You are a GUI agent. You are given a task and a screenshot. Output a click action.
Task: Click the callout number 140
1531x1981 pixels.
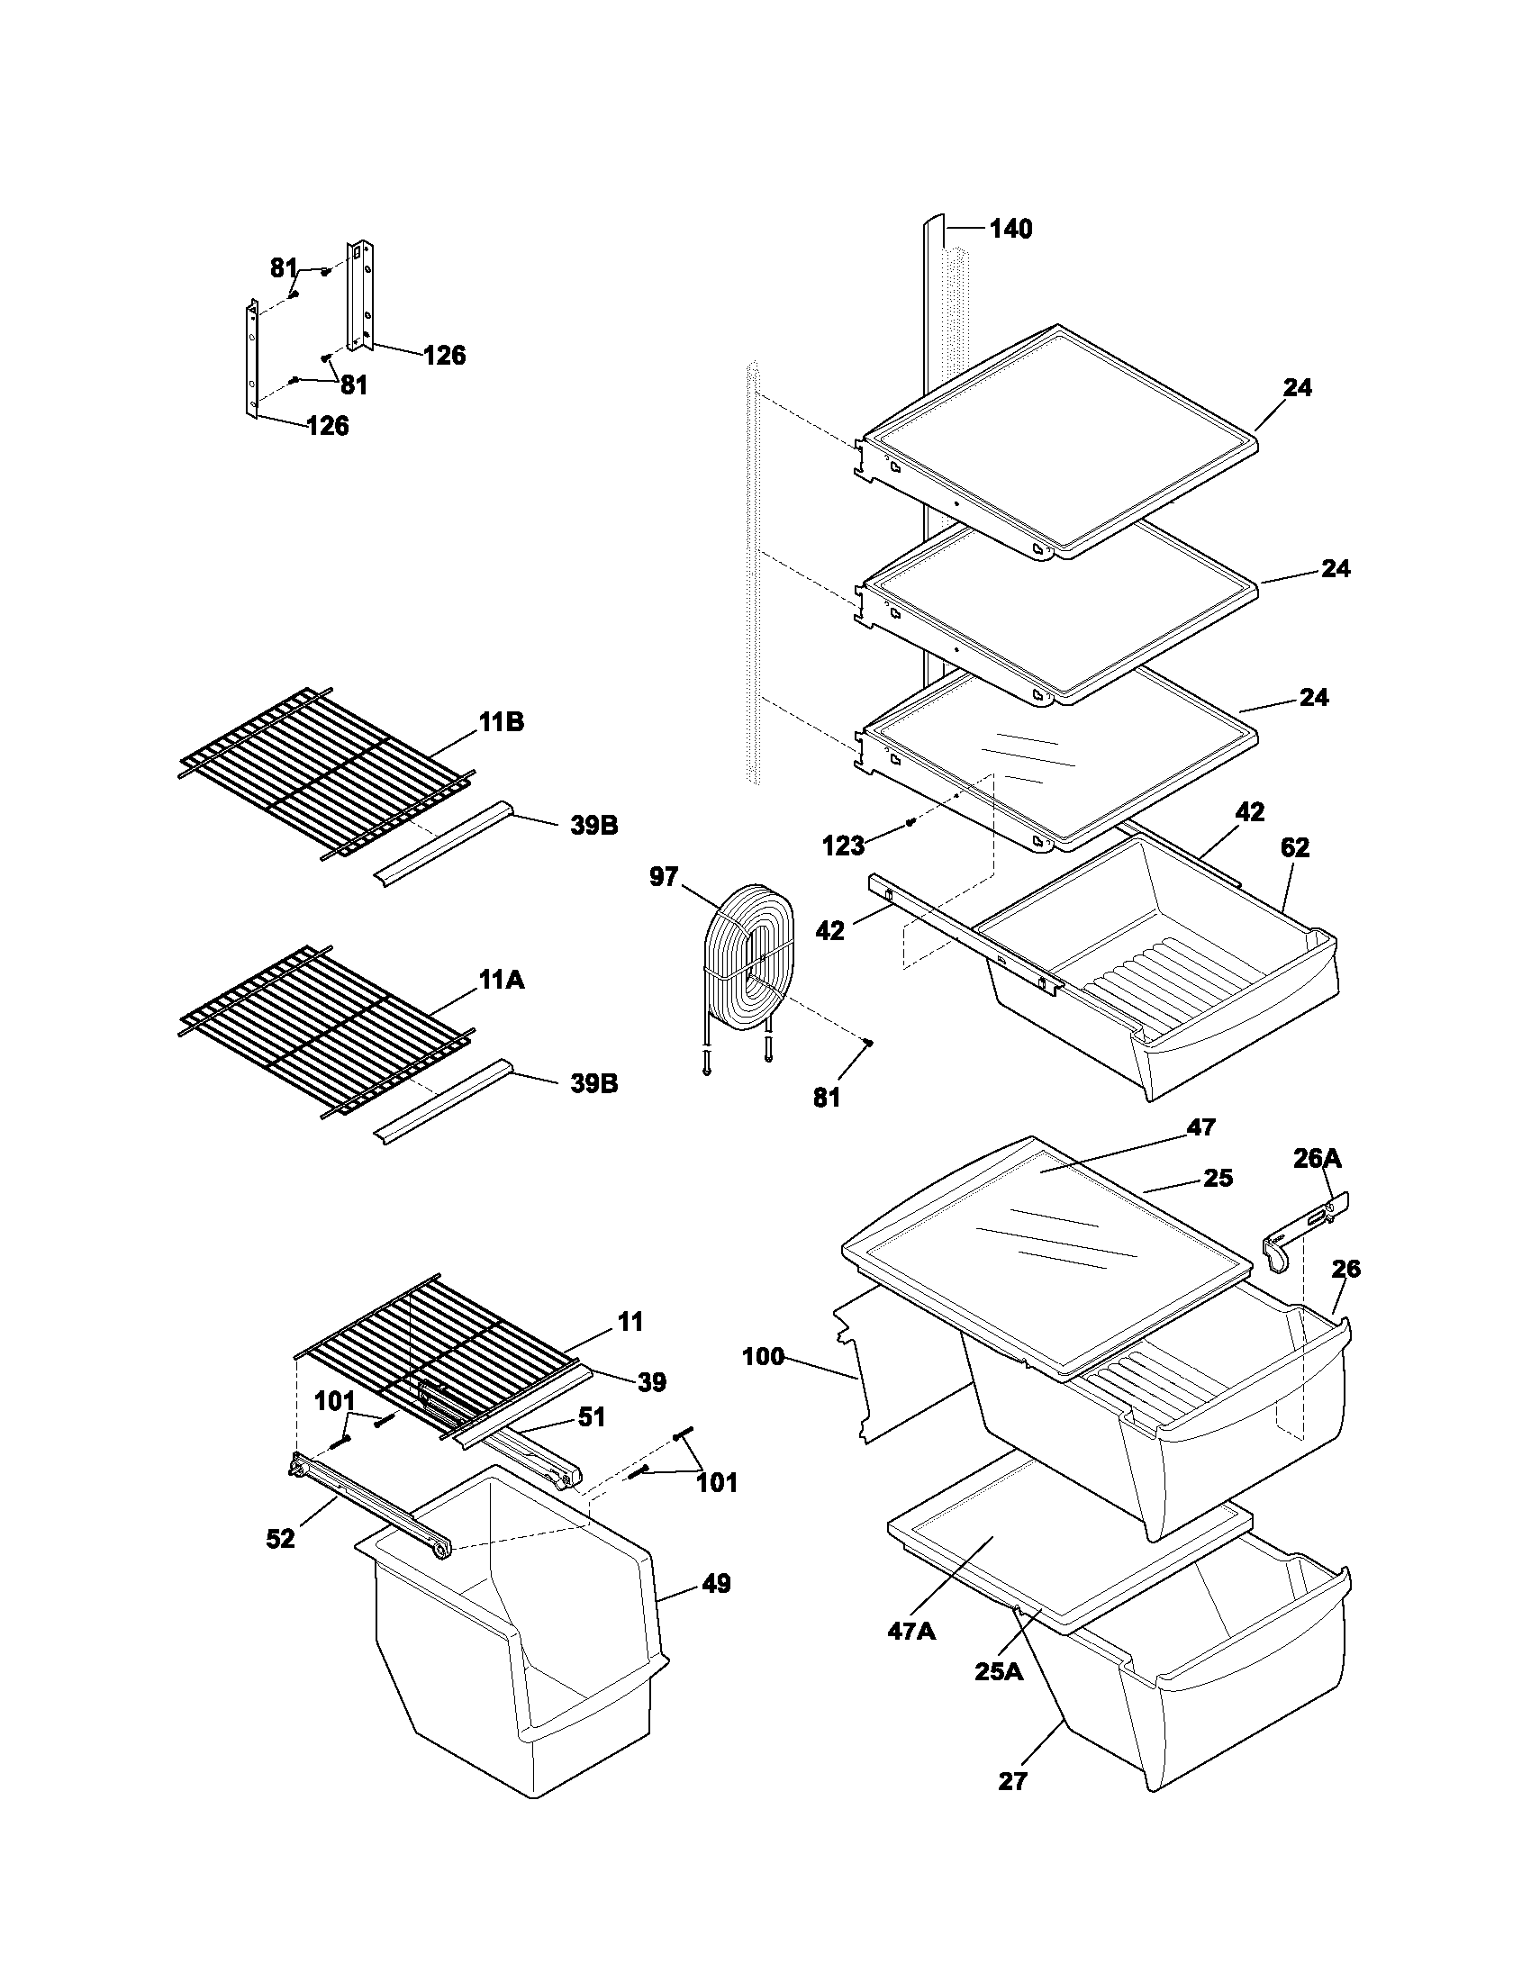pyautogui.click(x=1010, y=230)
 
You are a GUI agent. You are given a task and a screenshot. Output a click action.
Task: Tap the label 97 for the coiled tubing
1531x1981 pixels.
pyautogui.click(x=663, y=877)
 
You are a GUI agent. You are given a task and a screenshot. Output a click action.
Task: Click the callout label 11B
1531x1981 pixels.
pyautogui.click(x=502, y=723)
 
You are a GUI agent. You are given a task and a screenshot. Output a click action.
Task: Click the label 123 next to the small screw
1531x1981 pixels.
pyautogui.click(x=843, y=846)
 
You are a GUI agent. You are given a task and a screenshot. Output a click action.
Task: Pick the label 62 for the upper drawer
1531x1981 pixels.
pyautogui.click(x=1294, y=847)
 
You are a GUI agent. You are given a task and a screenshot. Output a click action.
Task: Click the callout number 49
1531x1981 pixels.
pyautogui.click(x=716, y=1584)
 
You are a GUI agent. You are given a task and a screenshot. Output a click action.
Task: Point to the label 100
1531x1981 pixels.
pyautogui.click(x=763, y=1357)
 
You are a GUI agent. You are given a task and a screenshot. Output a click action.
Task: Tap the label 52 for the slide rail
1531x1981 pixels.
pyautogui.click(x=280, y=1538)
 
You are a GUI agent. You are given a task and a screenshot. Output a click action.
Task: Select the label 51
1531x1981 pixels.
pyautogui.click(x=592, y=1416)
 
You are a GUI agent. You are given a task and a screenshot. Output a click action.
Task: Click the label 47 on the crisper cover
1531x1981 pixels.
pyautogui.click(x=1200, y=1127)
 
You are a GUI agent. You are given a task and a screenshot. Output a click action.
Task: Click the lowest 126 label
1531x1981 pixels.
pyautogui.click(x=328, y=425)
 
